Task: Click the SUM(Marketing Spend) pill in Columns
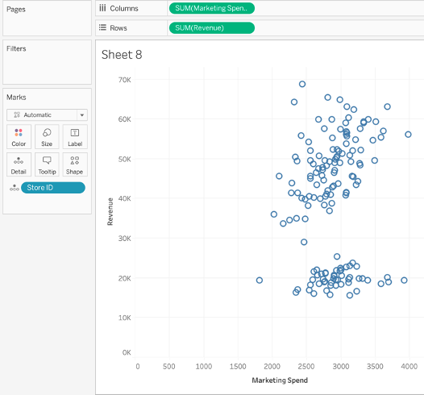tap(212, 8)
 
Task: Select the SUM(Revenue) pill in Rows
tap(212, 28)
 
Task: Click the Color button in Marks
tap(19, 136)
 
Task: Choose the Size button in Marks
tap(47, 136)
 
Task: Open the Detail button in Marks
tap(19, 164)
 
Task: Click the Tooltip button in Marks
tap(47, 164)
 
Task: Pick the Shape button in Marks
tap(74, 164)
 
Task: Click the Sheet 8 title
tap(121, 55)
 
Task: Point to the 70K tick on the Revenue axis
tap(124, 80)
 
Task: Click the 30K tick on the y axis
tap(124, 239)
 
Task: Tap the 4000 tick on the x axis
tap(409, 366)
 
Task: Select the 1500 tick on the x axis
tap(239, 366)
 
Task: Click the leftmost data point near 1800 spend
tap(260, 281)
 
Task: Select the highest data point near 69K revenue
tap(302, 84)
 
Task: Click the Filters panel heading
tap(16, 48)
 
